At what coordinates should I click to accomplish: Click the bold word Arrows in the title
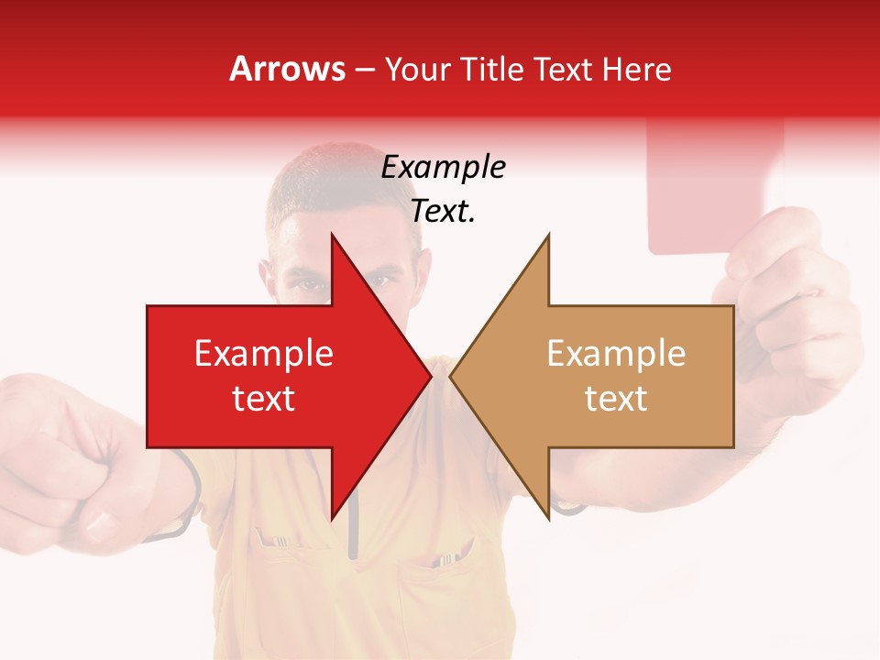(288, 69)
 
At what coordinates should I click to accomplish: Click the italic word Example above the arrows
(443, 168)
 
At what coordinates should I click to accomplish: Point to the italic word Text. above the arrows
(443, 212)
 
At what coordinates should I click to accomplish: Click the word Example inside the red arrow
(264, 353)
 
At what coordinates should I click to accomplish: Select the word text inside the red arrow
(264, 398)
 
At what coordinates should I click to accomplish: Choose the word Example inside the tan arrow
(616, 353)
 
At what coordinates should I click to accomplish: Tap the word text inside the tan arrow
(616, 398)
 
